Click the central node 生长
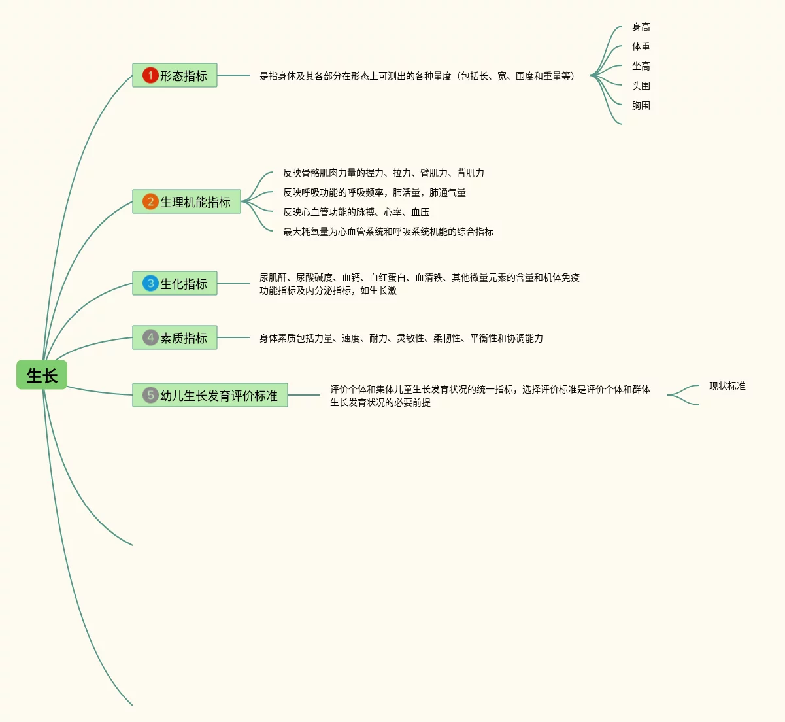coord(42,375)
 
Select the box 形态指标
coord(175,76)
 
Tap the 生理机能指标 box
coord(186,201)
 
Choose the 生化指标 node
coord(175,283)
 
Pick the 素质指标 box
coord(175,337)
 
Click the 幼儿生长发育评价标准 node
coord(210,395)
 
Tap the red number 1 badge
coord(150,76)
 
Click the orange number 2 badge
coord(150,201)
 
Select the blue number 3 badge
coord(150,283)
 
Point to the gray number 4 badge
coord(150,337)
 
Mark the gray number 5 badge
coord(150,395)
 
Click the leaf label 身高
coord(641,27)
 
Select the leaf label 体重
coord(641,47)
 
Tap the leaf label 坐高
coord(641,67)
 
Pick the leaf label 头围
coord(641,86)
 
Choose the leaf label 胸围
coord(641,106)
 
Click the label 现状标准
coord(727,387)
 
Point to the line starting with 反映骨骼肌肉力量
coord(383,173)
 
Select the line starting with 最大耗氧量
coord(388,232)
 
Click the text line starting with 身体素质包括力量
coord(401,339)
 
